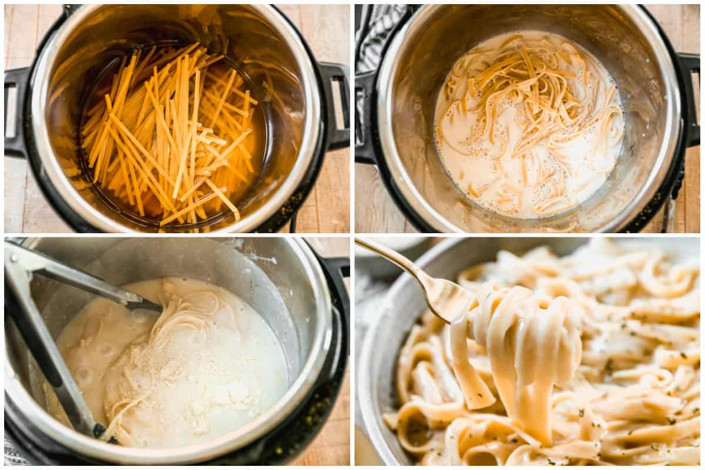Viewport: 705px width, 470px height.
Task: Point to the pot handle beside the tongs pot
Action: pos(338,276)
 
